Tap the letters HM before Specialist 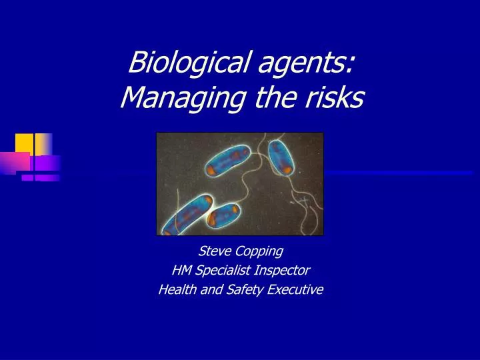tap(181, 270)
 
